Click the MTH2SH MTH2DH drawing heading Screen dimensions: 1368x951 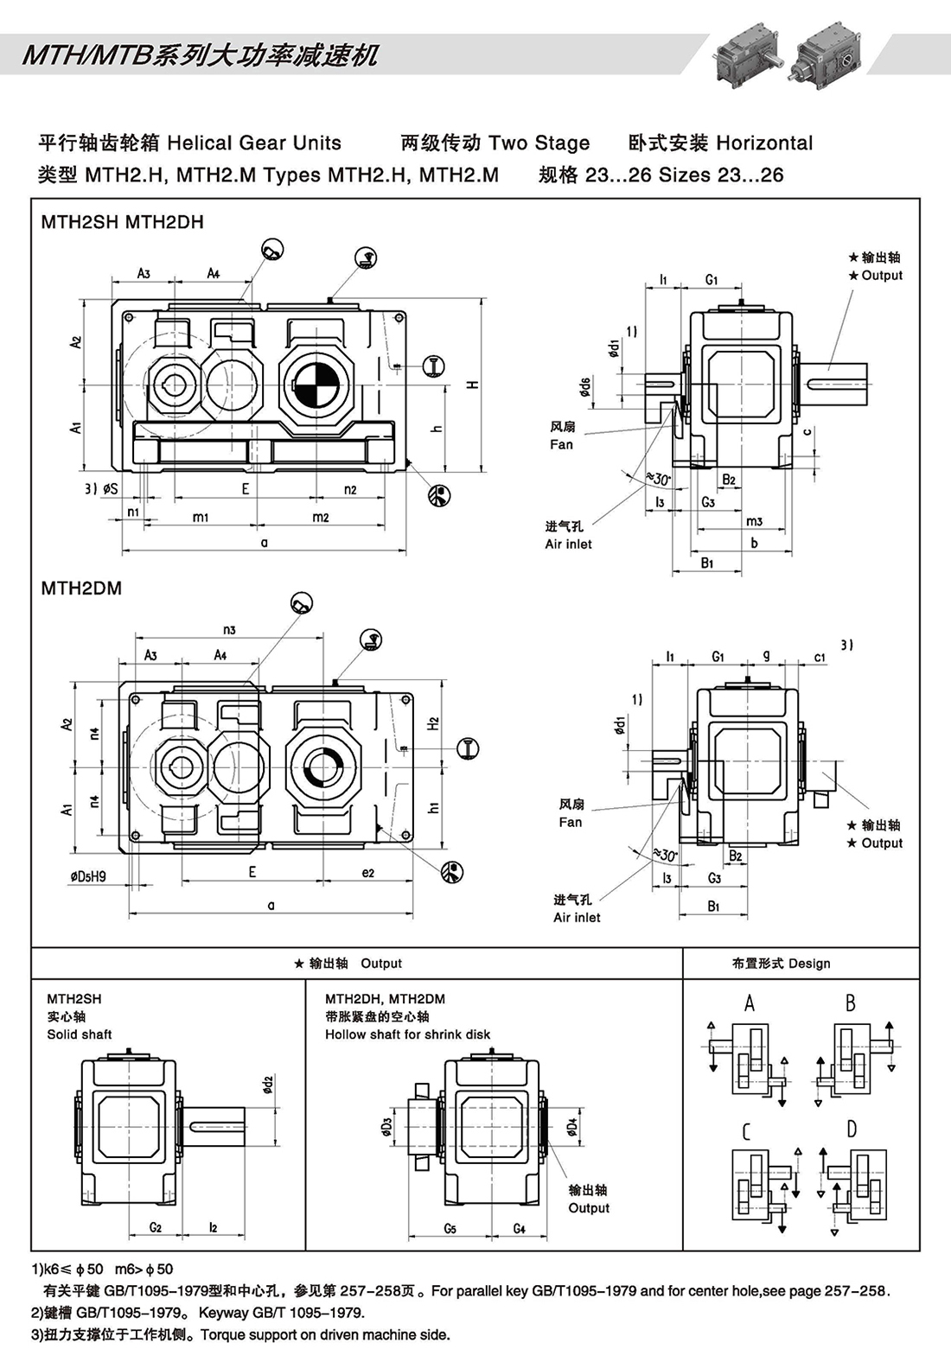(x=122, y=222)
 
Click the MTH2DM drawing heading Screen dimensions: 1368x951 (x=81, y=589)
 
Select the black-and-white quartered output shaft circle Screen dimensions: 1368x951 (x=315, y=385)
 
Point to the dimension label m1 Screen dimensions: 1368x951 (x=201, y=517)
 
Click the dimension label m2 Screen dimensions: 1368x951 (x=320, y=517)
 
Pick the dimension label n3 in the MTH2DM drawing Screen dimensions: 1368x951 (x=229, y=629)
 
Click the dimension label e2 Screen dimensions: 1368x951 (x=367, y=873)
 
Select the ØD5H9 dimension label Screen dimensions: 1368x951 (x=88, y=876)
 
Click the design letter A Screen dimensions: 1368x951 (x=749, y=1003)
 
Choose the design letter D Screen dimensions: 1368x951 (x=852, y=1129)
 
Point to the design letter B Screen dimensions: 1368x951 (x=851, y=1003)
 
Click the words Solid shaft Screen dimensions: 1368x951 (x=80, y=1034)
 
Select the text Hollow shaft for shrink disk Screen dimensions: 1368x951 (x=407, y=1034)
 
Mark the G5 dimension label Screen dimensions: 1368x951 (x=450, y=1228)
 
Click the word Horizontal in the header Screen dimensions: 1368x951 (x=764, y=143)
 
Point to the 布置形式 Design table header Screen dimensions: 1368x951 (x=781, y=964)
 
